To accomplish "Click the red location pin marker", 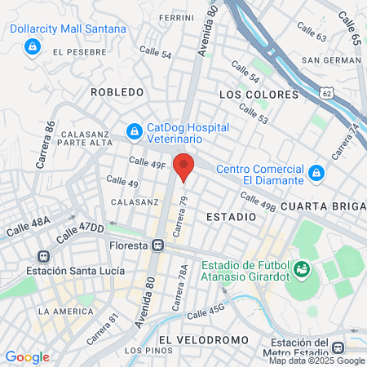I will [184, 166].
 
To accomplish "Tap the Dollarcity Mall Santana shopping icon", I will [32, 47].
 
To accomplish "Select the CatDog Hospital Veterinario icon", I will [133, 130].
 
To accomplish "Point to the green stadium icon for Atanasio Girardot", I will [301, 268].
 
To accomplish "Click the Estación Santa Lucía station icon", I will [42, 256].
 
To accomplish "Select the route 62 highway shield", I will [326, 95].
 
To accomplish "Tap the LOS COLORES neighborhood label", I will [259, 95].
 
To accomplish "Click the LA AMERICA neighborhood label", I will [66, 311].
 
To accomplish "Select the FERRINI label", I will [176, 17].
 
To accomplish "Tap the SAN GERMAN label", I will [329, 60].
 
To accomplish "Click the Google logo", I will [27, 356].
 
